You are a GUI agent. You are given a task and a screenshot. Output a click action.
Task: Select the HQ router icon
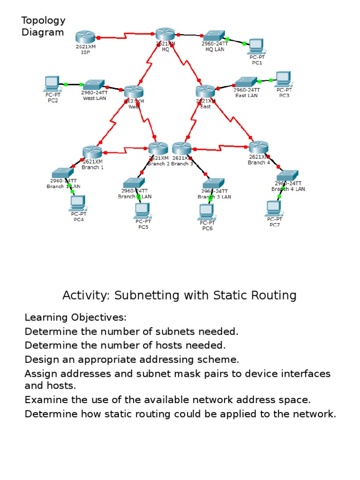(x=165, y=34)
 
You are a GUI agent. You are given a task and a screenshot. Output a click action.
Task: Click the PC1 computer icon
(x=256, y=46)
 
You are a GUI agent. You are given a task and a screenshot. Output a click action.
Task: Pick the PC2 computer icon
(x=52, y=83)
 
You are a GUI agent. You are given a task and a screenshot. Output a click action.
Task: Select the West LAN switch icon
(x=94, y=84)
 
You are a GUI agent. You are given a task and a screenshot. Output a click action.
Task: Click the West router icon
(x=133, y=92)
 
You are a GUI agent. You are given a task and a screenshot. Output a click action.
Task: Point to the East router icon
(x=205, y=91)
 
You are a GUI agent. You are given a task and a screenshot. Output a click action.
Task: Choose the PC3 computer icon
(x=283, y=79)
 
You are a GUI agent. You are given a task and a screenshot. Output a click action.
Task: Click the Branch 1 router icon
(x=92, y=152)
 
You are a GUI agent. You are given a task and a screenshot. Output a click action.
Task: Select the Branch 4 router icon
(x=258, y=147)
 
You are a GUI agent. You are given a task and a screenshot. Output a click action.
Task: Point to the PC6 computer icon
(x=207, y=212)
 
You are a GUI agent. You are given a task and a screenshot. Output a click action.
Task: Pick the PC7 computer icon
(x=273, y=208)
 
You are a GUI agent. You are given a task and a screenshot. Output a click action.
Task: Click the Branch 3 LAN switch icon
(x=214, y=183)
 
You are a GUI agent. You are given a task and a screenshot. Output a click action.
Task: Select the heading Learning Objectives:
(x=75, y=318)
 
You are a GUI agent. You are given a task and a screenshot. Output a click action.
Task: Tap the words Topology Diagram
(x=43, y=26)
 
